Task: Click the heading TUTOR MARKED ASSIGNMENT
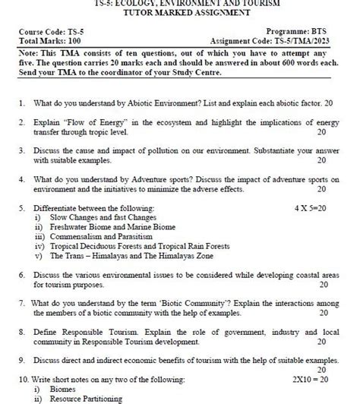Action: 180,13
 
